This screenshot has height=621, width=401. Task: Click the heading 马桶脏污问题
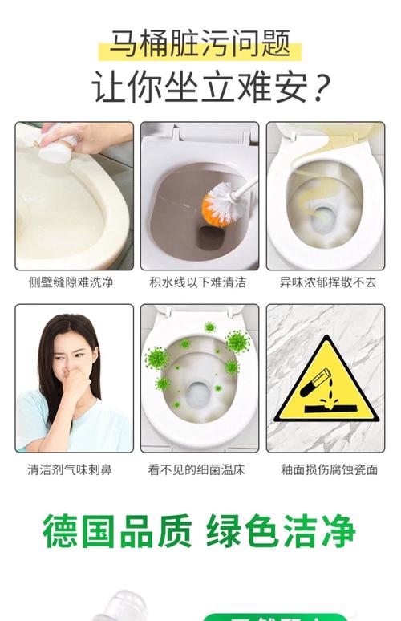(200, 43)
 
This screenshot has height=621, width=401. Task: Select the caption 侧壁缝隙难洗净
(75, 282)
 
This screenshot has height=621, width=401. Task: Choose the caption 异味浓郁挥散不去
(327, 282)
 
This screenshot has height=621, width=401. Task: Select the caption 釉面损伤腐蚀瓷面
(327, 469)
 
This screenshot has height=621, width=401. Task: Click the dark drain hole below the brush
(210, 237)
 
